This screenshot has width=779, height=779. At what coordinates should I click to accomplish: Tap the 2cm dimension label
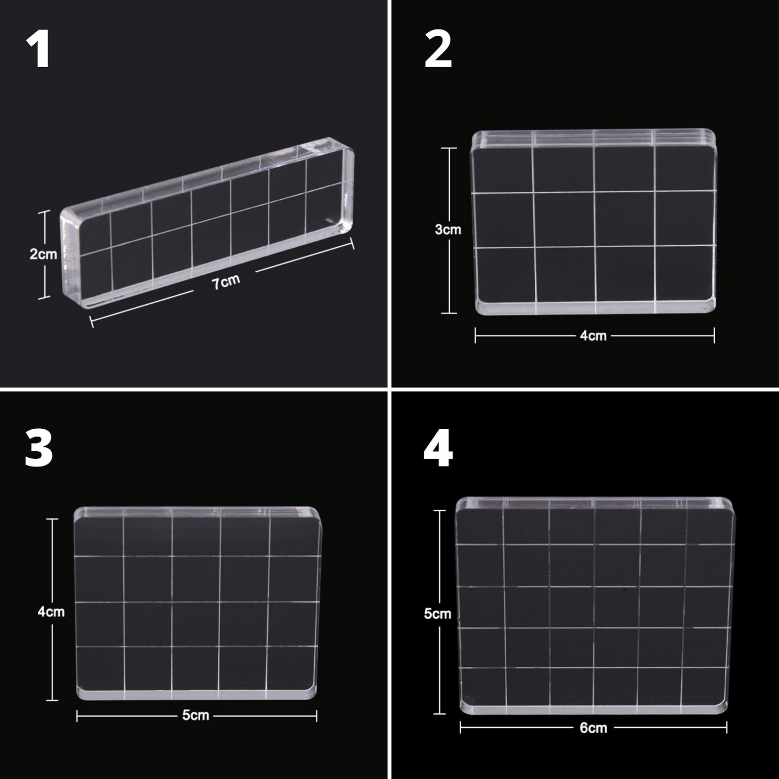43,254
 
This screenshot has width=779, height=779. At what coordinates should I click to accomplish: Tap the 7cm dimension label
226,282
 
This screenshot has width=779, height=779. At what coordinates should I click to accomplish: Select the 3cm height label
448,230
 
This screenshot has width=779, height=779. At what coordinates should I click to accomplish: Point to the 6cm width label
593,728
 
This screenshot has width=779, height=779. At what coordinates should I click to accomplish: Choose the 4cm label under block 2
593,336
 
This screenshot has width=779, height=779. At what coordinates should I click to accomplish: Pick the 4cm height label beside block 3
51,612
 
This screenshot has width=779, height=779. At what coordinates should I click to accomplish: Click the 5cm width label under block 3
196,716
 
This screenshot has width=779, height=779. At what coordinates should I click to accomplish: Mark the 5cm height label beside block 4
438,614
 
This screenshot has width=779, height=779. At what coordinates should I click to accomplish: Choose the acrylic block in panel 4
594,606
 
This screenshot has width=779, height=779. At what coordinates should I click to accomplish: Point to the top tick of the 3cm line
449,148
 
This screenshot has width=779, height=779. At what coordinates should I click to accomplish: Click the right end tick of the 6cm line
727,728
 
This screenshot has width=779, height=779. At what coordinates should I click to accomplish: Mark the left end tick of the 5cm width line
77,716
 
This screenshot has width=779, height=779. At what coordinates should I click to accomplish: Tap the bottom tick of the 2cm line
44,297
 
